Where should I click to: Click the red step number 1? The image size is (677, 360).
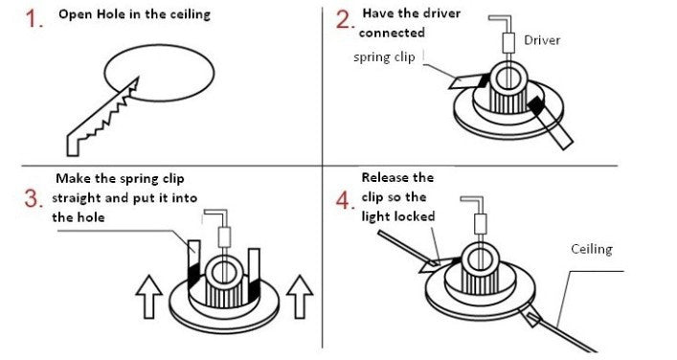(x=35, y=19)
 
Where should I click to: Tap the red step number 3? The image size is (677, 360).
(x=35, y=199)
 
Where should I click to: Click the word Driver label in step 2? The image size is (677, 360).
(x=542, y=39)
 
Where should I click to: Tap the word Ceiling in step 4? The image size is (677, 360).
(x=591, y=249)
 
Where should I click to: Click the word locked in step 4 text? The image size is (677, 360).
(x=416, y=216)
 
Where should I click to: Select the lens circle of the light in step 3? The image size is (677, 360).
(x=228, y=262)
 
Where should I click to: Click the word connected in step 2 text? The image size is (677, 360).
(x=392, y=33)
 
